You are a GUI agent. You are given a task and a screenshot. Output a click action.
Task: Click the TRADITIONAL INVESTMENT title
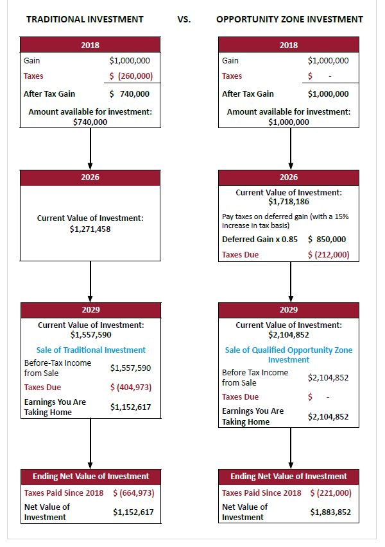85,19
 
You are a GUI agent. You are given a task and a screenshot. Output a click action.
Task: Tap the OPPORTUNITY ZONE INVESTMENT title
289,19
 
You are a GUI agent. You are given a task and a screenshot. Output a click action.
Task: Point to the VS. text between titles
184,19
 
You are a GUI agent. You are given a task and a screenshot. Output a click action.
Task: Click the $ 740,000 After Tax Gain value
130,94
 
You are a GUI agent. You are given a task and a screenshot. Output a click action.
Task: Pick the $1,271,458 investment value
90,229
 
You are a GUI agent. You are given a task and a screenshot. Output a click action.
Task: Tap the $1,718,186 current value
289,202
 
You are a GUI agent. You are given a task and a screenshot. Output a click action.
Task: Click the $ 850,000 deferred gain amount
327,240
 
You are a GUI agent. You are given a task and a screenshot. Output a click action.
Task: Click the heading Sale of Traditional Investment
90,350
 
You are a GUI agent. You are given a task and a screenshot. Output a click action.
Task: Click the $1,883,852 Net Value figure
330,512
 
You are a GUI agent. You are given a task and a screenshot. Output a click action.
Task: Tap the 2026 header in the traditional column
90,177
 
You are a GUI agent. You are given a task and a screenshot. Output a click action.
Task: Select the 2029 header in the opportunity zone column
289,309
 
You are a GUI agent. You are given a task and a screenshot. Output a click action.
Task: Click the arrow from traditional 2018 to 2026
90,149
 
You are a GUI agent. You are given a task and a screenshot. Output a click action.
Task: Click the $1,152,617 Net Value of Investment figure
133,512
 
